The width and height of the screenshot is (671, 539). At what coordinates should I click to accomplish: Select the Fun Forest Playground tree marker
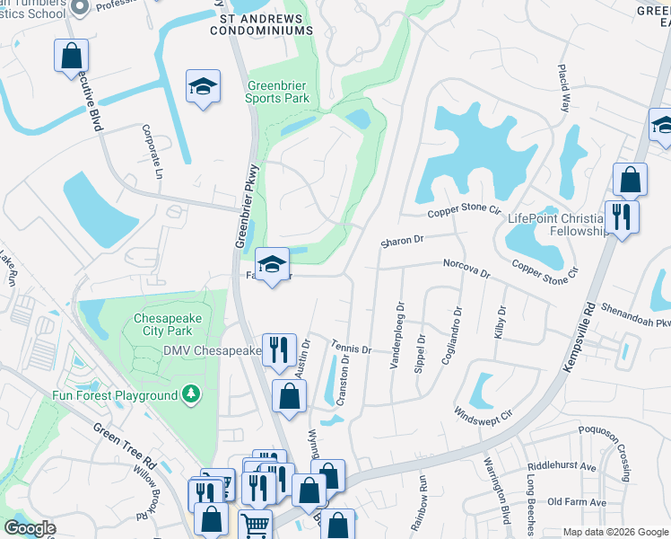pos(190,394)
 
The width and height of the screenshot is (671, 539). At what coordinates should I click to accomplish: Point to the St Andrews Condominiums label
pos(261,23)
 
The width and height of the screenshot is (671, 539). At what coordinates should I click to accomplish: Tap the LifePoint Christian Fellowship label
pos(558,225)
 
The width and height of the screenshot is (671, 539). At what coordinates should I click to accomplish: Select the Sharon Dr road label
pos(401,241)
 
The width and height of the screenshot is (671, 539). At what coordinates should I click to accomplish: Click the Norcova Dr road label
pos(466,268)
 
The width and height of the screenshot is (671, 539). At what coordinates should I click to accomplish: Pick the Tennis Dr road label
pos(350,347)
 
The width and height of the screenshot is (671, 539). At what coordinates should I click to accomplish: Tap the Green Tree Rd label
pos(125,440)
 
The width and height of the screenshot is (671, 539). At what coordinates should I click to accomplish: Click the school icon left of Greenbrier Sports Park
pos(203,87)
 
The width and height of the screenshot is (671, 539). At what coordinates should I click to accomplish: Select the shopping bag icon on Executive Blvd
pos(71,56)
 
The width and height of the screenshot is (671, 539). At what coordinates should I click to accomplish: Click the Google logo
pos(30,528)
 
